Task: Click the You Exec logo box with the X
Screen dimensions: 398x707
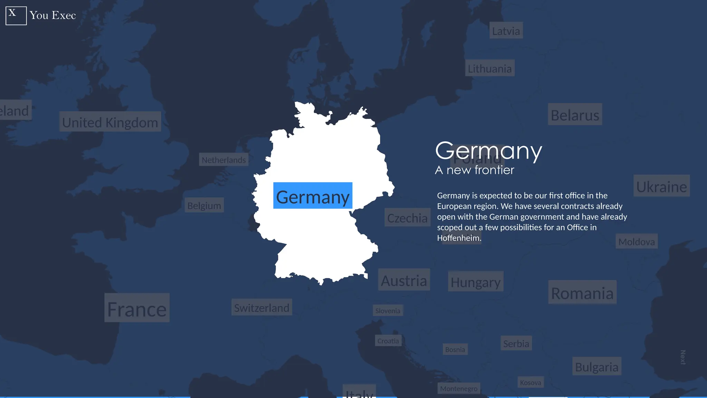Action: (16, 16)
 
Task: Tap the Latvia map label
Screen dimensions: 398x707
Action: (506, 31)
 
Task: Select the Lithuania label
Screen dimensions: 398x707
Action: (490, 68)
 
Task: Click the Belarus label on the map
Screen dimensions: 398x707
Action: (575, 115)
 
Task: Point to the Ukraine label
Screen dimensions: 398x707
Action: (661, 186)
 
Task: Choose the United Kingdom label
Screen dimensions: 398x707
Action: (110, 122)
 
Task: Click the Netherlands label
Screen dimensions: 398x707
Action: (224, 160)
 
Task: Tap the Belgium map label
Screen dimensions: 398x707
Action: (204, 205)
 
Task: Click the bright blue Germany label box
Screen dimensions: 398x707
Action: (313, 196)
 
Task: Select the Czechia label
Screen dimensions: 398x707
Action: (407, 218)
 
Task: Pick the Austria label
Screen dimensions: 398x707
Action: (404, 280)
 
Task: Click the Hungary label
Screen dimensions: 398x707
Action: (475, 282)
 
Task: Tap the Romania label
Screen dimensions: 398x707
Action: (582, 293)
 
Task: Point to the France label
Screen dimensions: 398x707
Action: (137, 308)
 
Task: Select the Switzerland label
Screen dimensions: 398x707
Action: (262, 307)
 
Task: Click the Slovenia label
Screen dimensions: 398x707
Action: (388, 311)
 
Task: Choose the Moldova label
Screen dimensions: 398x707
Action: (637, 241)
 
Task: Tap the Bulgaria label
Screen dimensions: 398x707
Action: (597, 367)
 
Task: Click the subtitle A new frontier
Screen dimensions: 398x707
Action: (475, 170)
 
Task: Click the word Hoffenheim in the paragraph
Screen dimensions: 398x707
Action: (458, 238)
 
